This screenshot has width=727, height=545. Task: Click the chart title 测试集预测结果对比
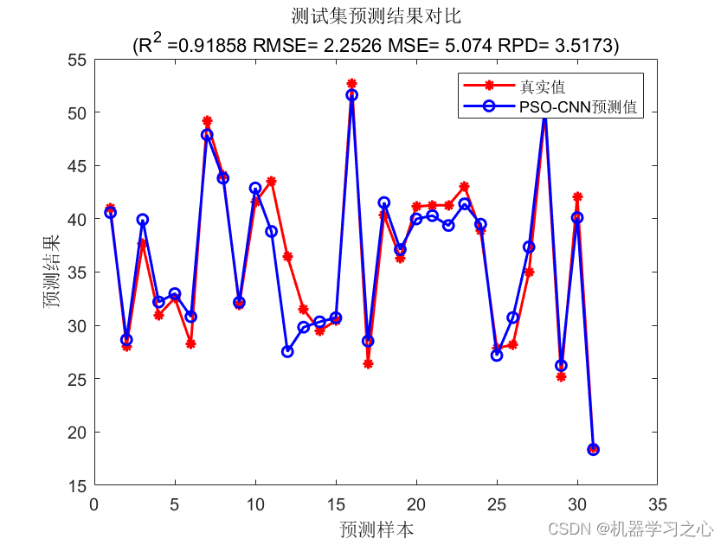coord(376,16)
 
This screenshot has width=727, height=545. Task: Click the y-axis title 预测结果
coord(53,272)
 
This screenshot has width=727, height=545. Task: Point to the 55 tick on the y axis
coord(77,60)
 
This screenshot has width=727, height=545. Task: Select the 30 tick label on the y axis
coord(77,326)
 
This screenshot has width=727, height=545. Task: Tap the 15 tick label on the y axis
coord(77,486)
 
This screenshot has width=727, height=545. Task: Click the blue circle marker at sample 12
coord(287,351)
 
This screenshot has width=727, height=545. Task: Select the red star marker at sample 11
coord(271,182)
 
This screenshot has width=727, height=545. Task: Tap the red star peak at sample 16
coord(351,84)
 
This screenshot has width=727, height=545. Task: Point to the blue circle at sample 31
coord(593,449)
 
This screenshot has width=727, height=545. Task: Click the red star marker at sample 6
coord(190,343)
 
